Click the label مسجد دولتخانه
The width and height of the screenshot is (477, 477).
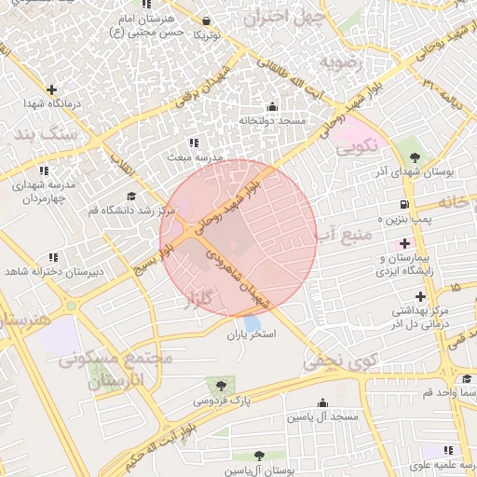(x=272, y=120)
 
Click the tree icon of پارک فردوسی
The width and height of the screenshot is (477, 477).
(x=221, y=385)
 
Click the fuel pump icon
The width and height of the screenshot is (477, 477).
(x=402, y=204)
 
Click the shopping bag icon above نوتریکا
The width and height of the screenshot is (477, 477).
(x=206, y=20)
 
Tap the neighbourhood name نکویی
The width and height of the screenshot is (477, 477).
(x=356, y=145)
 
